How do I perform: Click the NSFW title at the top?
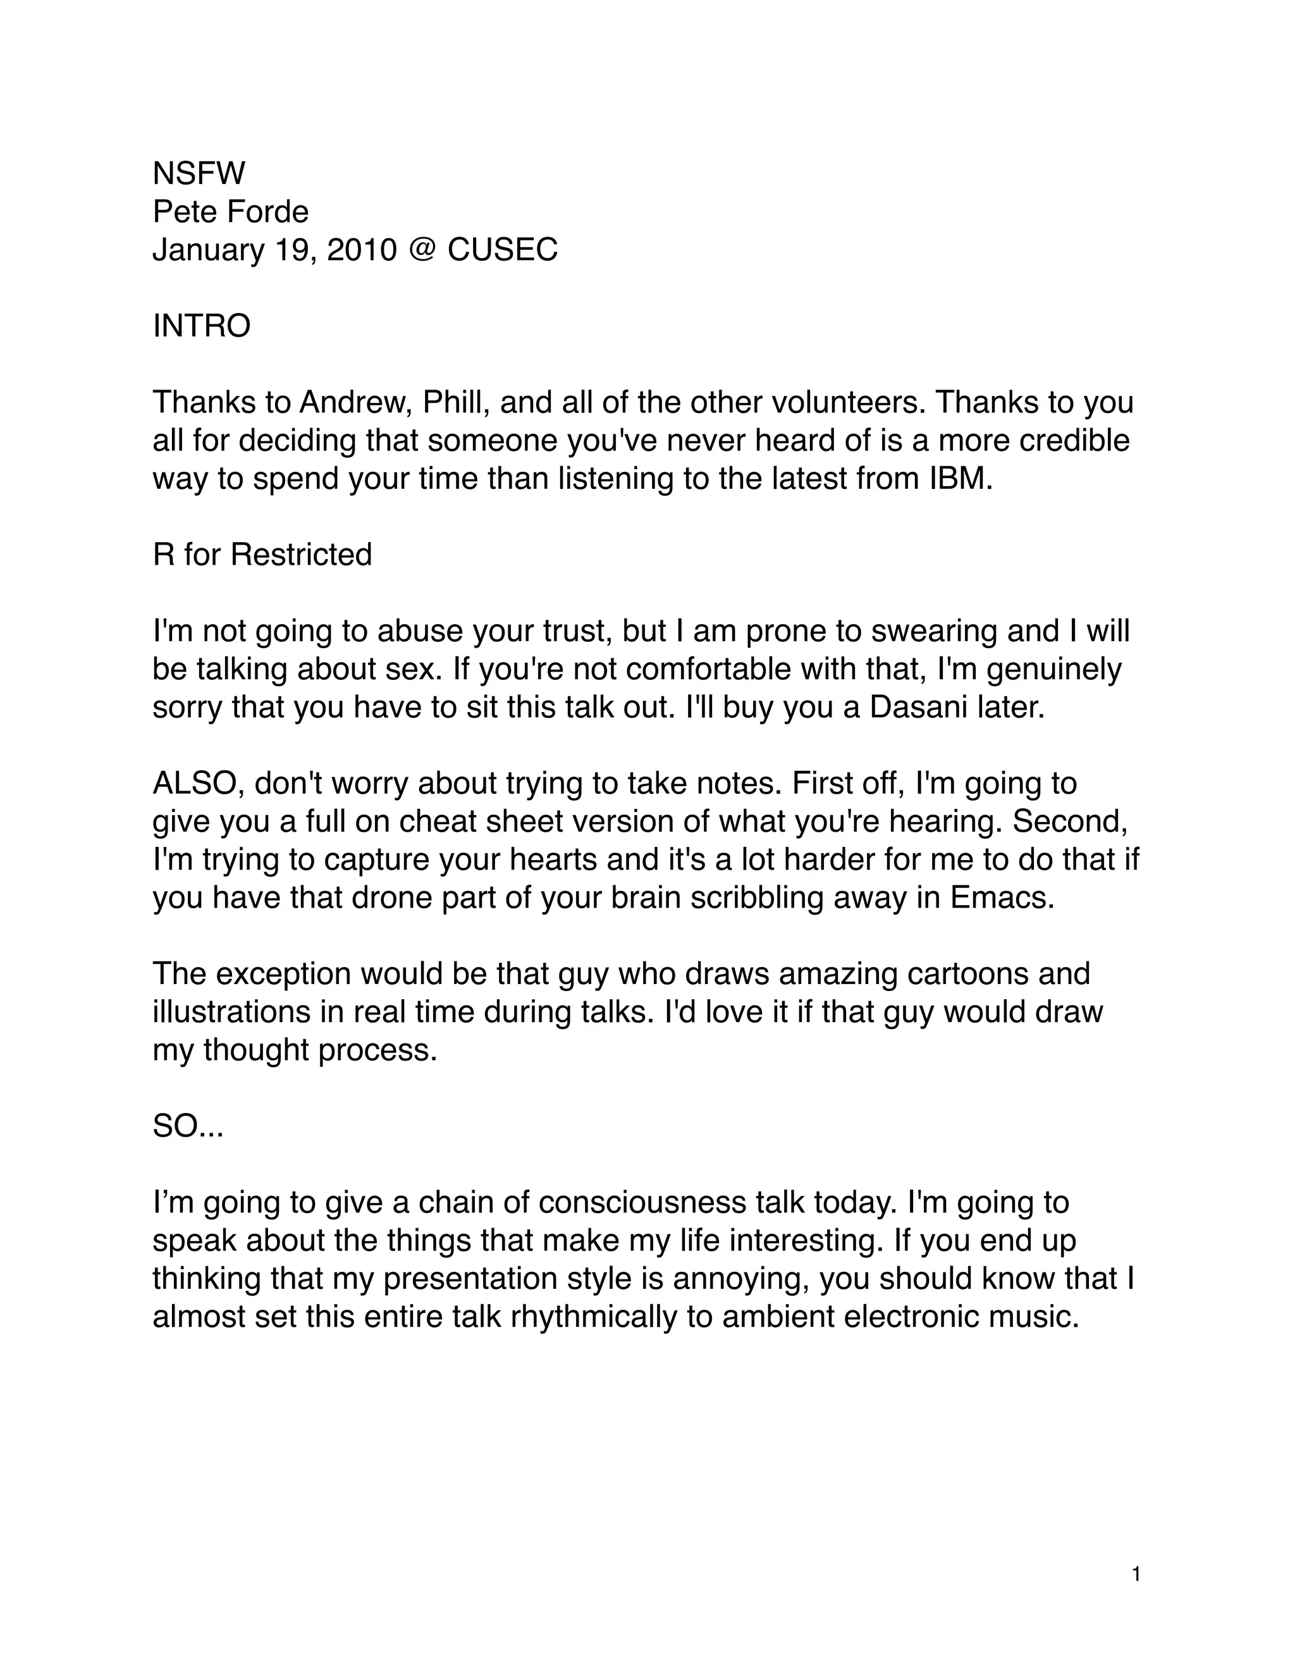pos(199,173)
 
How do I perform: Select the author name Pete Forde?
pos(230,212)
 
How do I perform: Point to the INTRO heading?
pos(202,326)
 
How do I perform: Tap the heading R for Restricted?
pos(262,554)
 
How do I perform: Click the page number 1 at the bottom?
pos(1136,1575)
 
